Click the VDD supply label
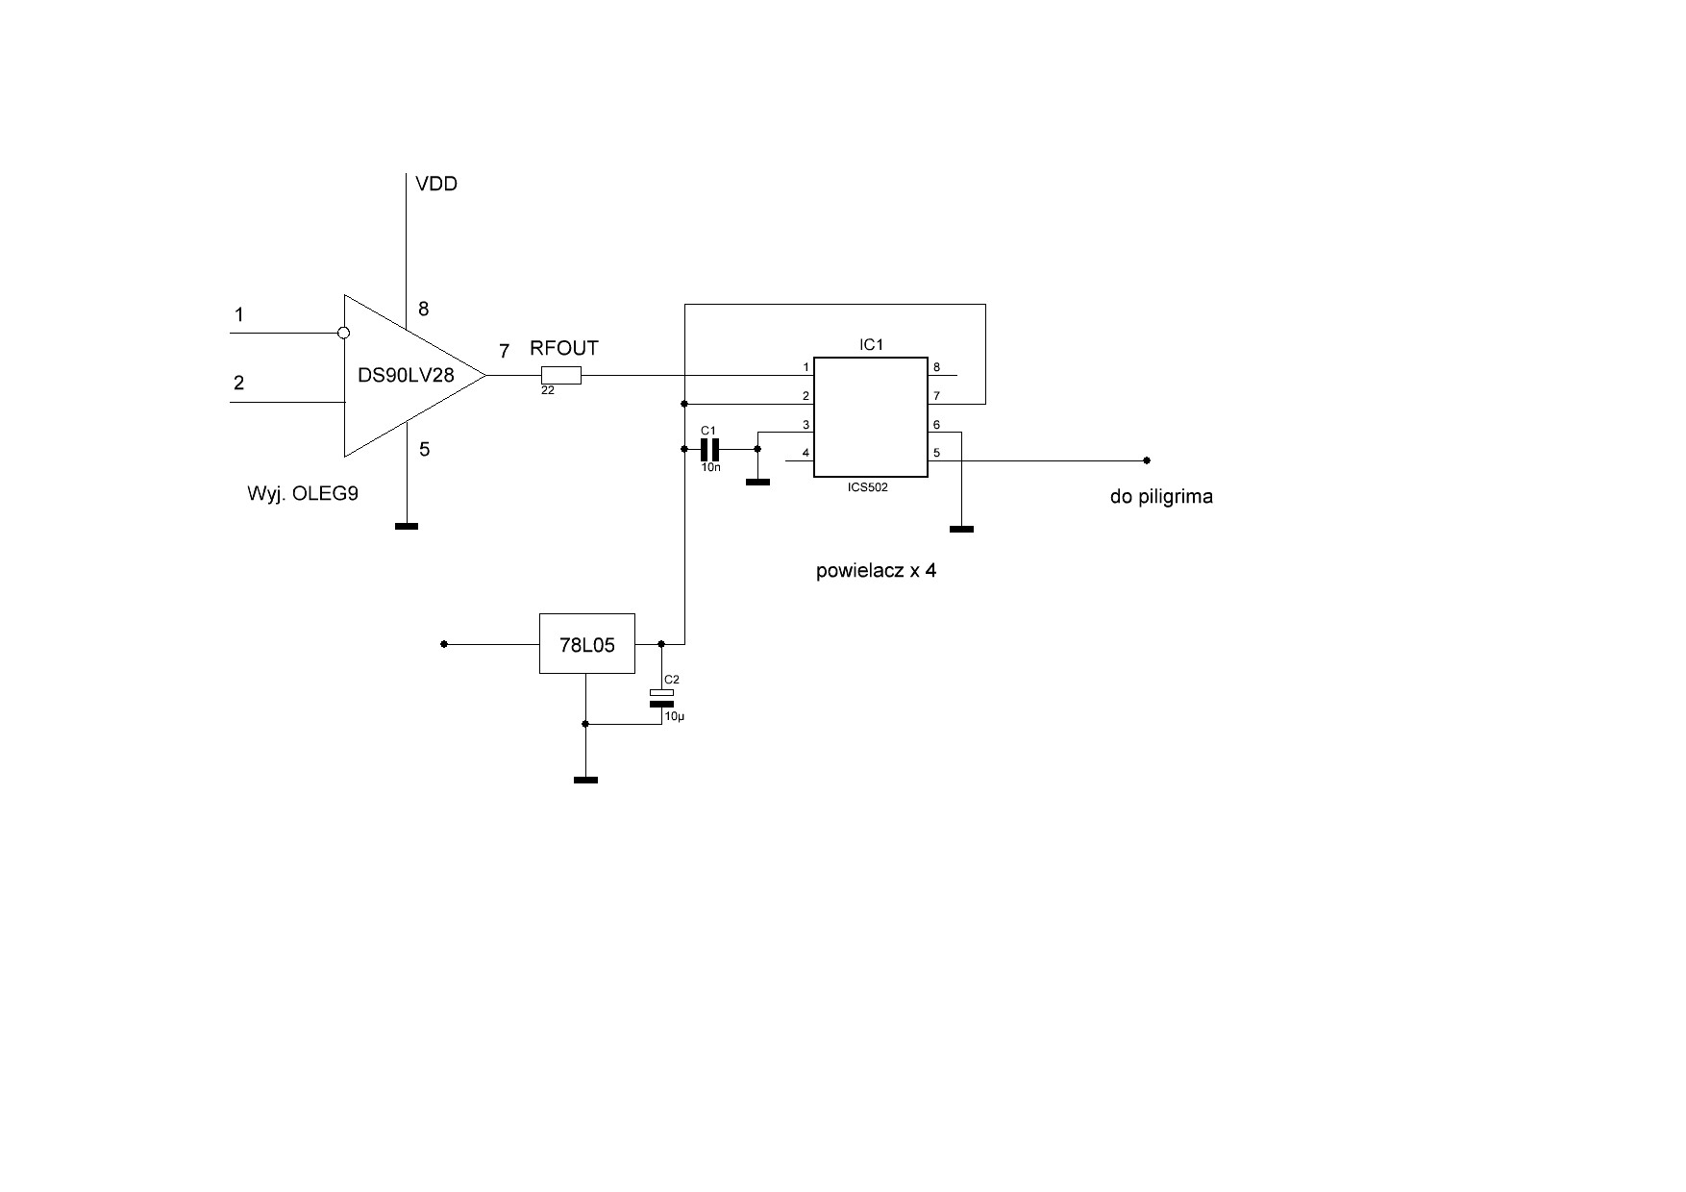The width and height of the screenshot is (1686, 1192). pos(435,184)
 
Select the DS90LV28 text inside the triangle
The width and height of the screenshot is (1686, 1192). pos(406,375)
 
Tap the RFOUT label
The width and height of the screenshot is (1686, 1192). pos(564,348)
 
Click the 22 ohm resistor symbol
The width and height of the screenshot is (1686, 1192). pos(561,376)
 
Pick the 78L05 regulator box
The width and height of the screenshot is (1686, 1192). pos(587,643)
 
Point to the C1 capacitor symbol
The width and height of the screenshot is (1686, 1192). pos(709,449)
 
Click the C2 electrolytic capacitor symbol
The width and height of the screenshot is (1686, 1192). pos(662,698)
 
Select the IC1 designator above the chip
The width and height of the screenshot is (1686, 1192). pos(871,344)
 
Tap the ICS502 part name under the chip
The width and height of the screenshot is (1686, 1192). pos(868,487)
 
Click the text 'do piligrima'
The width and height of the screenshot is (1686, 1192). pos(1161,497)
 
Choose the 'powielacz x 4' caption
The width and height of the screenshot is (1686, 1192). pos(876,570)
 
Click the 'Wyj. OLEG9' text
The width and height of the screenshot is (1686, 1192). pos(303,495)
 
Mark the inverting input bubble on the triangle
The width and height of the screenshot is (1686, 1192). pos(344,334)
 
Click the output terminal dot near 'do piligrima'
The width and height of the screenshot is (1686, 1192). pos(1147,460)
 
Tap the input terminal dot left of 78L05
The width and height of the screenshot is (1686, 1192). pos(444,644)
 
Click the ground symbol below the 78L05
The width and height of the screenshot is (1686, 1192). pos(585,780)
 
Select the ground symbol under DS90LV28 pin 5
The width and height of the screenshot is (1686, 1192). pos(407,526)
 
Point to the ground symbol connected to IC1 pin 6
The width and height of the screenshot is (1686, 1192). pos(961,529)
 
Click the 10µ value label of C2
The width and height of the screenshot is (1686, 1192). pos(674,717)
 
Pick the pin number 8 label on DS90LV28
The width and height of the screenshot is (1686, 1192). pos(424,309)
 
